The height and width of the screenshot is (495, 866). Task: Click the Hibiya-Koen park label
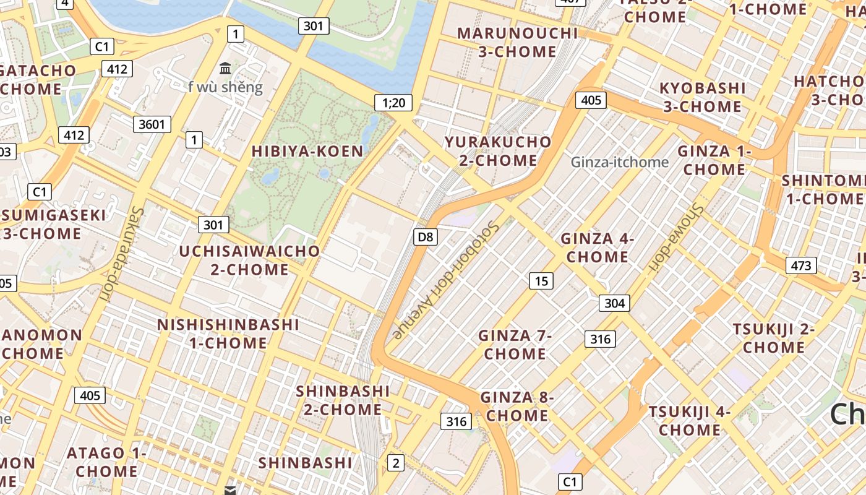click(307, 151)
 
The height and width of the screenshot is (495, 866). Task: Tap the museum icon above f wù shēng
click(225, 68)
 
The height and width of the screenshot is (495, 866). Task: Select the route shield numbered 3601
click(152, 124)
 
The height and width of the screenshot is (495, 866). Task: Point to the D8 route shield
click(426, 236)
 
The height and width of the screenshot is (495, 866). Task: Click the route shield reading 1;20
click(393, 103)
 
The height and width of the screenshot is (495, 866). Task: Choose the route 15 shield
click(541, 281)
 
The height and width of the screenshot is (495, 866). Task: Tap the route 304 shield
click(614, 303)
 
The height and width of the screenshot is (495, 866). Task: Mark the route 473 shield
click(801, 265)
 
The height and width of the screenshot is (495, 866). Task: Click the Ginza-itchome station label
click(620, 162)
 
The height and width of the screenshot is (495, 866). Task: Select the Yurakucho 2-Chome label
click(498, 151)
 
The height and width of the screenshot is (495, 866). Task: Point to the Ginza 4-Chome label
click(598, 247)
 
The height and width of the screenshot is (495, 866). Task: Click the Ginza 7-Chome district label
click(515, 345)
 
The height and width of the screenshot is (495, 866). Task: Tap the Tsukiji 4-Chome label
click(690, 421)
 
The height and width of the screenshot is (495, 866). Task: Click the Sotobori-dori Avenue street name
click(445, 280)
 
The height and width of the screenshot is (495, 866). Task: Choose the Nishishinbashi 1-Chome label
click(228, 334)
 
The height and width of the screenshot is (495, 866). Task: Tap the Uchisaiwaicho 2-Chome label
click(249, 260)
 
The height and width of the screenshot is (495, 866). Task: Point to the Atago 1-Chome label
click(106, 462)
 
